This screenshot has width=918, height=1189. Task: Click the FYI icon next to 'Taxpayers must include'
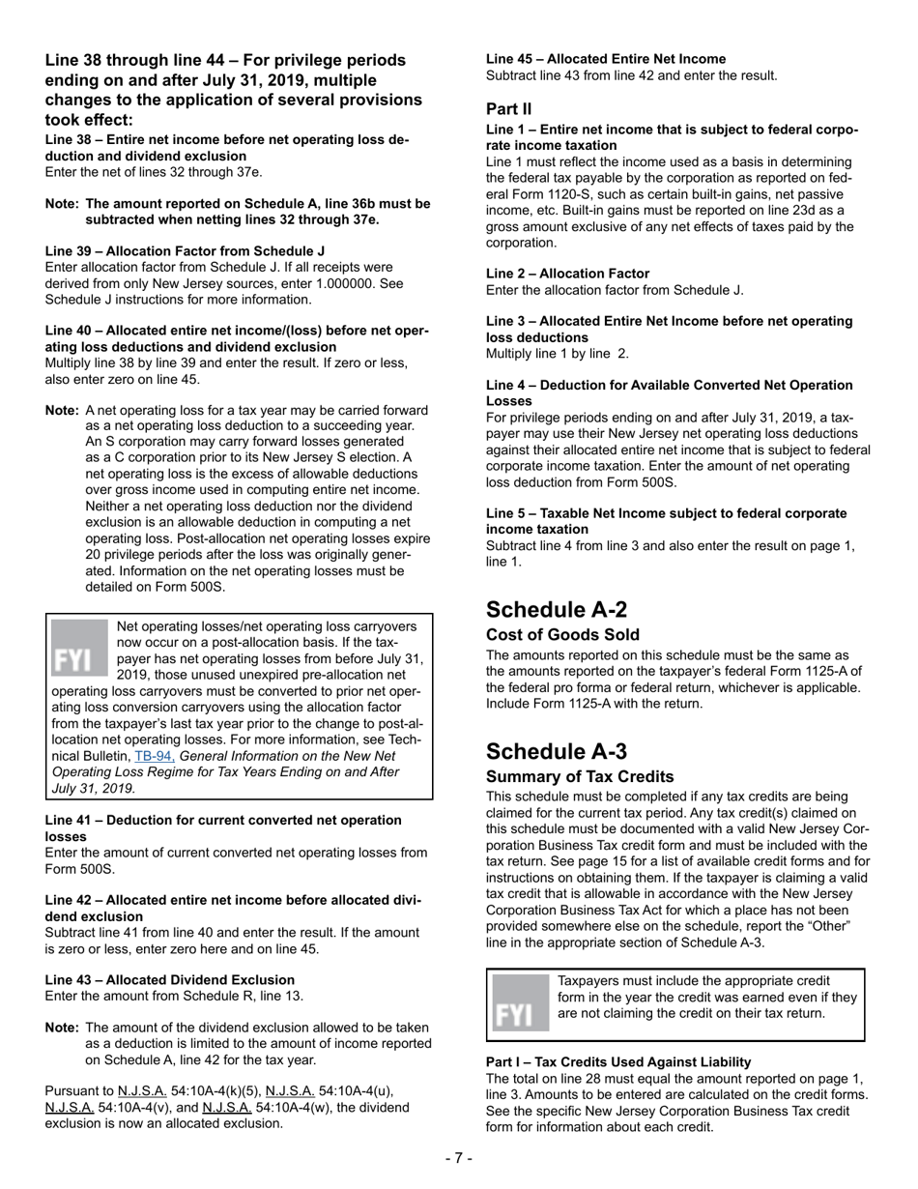(x=520, y=1005)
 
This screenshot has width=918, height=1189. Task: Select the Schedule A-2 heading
(x=557, y=609)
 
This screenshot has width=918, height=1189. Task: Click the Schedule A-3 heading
(x=557, y=751)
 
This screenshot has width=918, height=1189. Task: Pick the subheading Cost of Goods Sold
(x=562, y=635)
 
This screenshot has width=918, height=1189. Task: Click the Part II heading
(x=508, y=109)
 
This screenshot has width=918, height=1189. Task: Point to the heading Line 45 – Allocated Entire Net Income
(x=606, y=59)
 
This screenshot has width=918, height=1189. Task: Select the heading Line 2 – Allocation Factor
(x=567, y=274)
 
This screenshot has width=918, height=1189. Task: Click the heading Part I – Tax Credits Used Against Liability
(x=618, y=1061)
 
